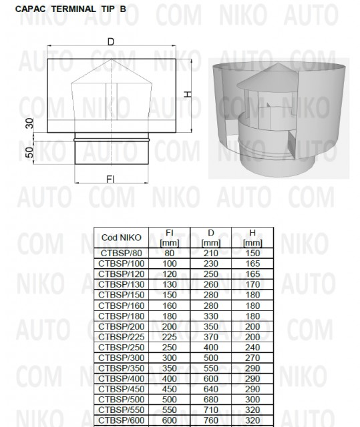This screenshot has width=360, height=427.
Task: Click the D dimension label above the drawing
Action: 111,42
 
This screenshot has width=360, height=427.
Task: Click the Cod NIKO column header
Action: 120,238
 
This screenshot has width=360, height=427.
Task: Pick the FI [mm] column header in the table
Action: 169,238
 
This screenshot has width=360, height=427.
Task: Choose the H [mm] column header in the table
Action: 252,238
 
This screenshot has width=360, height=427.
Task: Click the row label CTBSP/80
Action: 120,253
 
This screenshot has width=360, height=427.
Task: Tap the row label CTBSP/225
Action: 120,338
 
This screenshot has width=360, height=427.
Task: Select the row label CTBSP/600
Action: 120,422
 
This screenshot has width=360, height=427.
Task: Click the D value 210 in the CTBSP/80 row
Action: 211,253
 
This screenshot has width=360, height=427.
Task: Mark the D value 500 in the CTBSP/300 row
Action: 211,358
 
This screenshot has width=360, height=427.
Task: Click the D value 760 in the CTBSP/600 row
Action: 211,422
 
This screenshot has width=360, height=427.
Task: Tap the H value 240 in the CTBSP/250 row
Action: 252,348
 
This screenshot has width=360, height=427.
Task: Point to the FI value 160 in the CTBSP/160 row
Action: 169,306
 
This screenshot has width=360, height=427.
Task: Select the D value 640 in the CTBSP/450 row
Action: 211,390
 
